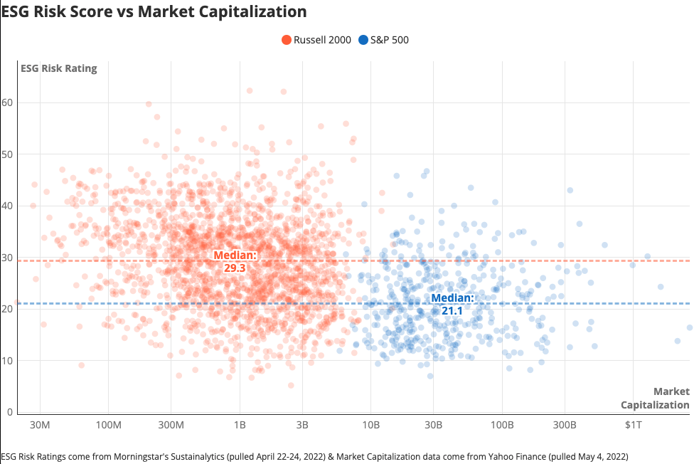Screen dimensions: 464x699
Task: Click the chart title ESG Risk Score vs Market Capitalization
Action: [154, 12]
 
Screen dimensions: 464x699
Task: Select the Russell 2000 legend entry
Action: [316, 40]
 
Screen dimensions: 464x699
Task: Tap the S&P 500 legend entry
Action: [384, 40]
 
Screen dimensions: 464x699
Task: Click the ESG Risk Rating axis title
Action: [57, 68]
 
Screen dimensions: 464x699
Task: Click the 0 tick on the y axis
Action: [11, 412]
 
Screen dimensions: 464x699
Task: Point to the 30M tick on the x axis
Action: [40, 426]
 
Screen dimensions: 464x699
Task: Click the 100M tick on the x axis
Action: [108, 426]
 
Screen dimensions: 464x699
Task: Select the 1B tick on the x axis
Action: [240, 426]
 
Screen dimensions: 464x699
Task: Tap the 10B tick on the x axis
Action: [370, 426]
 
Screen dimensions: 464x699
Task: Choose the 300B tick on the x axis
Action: [565, 426]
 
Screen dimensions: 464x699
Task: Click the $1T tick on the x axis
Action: [633, 426]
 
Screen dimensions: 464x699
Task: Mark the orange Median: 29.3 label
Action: [235, 261]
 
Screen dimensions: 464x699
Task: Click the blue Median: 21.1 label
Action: [452, 305]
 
